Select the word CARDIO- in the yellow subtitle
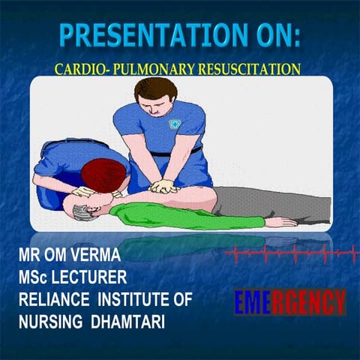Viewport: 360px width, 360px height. pyautogui.click(x=82, y=69)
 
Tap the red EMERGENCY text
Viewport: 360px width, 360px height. pyautogui.click(x=289, y=303)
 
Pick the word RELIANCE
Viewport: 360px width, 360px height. pyautogui.click(x=53, y=299)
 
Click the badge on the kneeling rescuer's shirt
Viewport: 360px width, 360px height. pyautogui.click(x=178, y=122)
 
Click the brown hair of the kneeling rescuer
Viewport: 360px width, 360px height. pyautogui.click(x=153, y=89)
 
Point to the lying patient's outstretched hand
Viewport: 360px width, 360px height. pyautogui.click(x=283, y=222)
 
